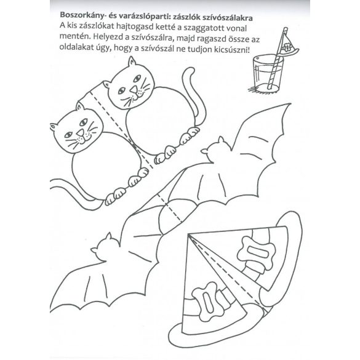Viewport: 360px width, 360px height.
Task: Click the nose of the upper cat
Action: pos(134,90)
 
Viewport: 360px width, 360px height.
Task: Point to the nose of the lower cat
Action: pos(80,133)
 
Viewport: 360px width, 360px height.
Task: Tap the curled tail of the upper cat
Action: pos(194,97)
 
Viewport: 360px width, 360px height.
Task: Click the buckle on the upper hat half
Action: pos(257,252)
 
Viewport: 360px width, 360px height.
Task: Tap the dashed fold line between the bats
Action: pos(170,208)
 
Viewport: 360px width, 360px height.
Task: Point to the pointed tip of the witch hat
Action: pos(188,235)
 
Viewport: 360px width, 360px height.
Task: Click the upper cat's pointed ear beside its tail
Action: pos(132,62)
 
